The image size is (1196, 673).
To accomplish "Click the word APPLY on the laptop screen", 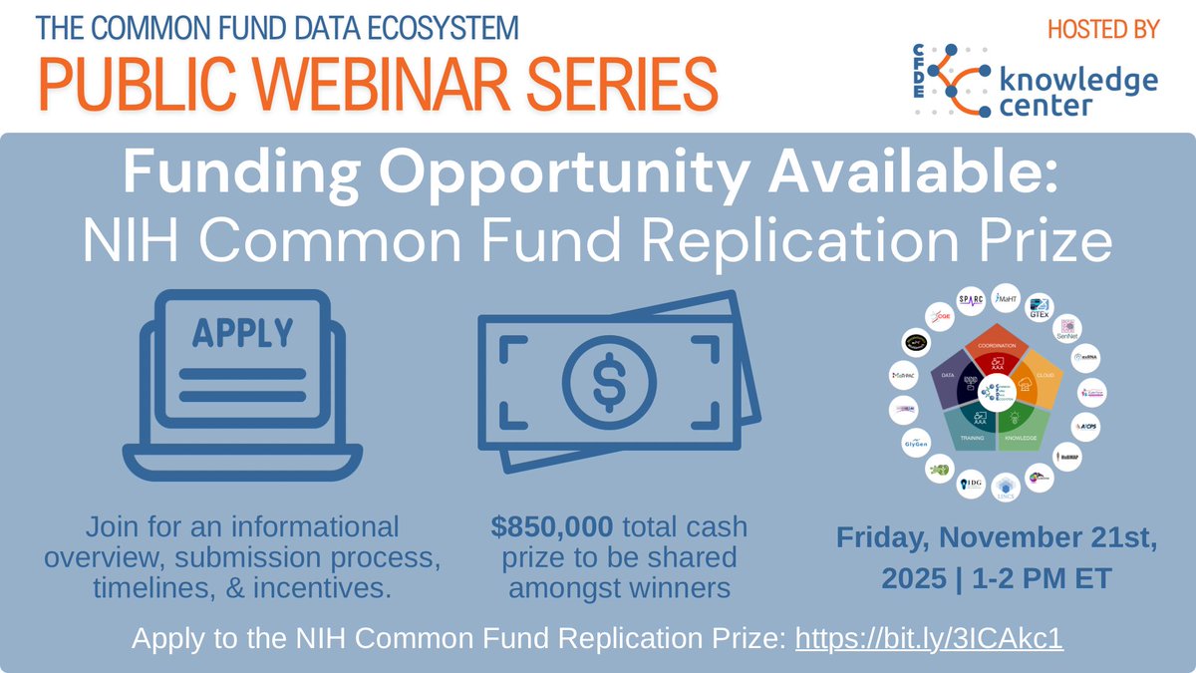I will coord(242,331).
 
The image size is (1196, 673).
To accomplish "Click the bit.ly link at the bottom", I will coord(928,638).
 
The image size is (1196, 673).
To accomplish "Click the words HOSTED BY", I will coord(1103,29).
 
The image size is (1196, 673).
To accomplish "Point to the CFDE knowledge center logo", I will coord(1037,79).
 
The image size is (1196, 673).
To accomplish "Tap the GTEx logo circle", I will coord(1039,308).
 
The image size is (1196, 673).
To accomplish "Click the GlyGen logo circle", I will coord(915,442).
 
